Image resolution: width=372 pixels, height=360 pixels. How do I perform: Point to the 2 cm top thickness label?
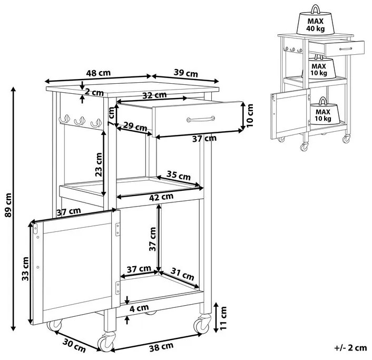[94, 92]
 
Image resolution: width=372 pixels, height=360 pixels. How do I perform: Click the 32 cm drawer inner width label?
[154, 95]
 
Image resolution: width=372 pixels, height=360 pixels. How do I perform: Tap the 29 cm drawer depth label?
[135, 127]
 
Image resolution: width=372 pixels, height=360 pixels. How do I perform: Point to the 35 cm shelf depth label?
[178, 175]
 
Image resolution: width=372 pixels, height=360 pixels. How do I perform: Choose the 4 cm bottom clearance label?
[140, 307]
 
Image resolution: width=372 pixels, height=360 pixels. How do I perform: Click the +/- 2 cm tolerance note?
[350, 348]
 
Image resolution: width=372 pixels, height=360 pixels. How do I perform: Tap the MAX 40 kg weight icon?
[316, 21]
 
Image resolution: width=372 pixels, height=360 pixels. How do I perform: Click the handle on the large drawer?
[201, 119]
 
